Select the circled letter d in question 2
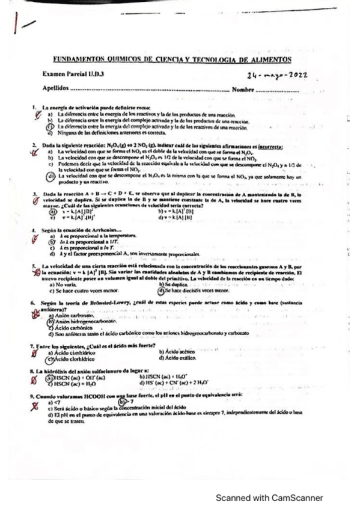point(51,176)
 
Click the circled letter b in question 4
point(51,242)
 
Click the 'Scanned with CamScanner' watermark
point(269,498)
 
